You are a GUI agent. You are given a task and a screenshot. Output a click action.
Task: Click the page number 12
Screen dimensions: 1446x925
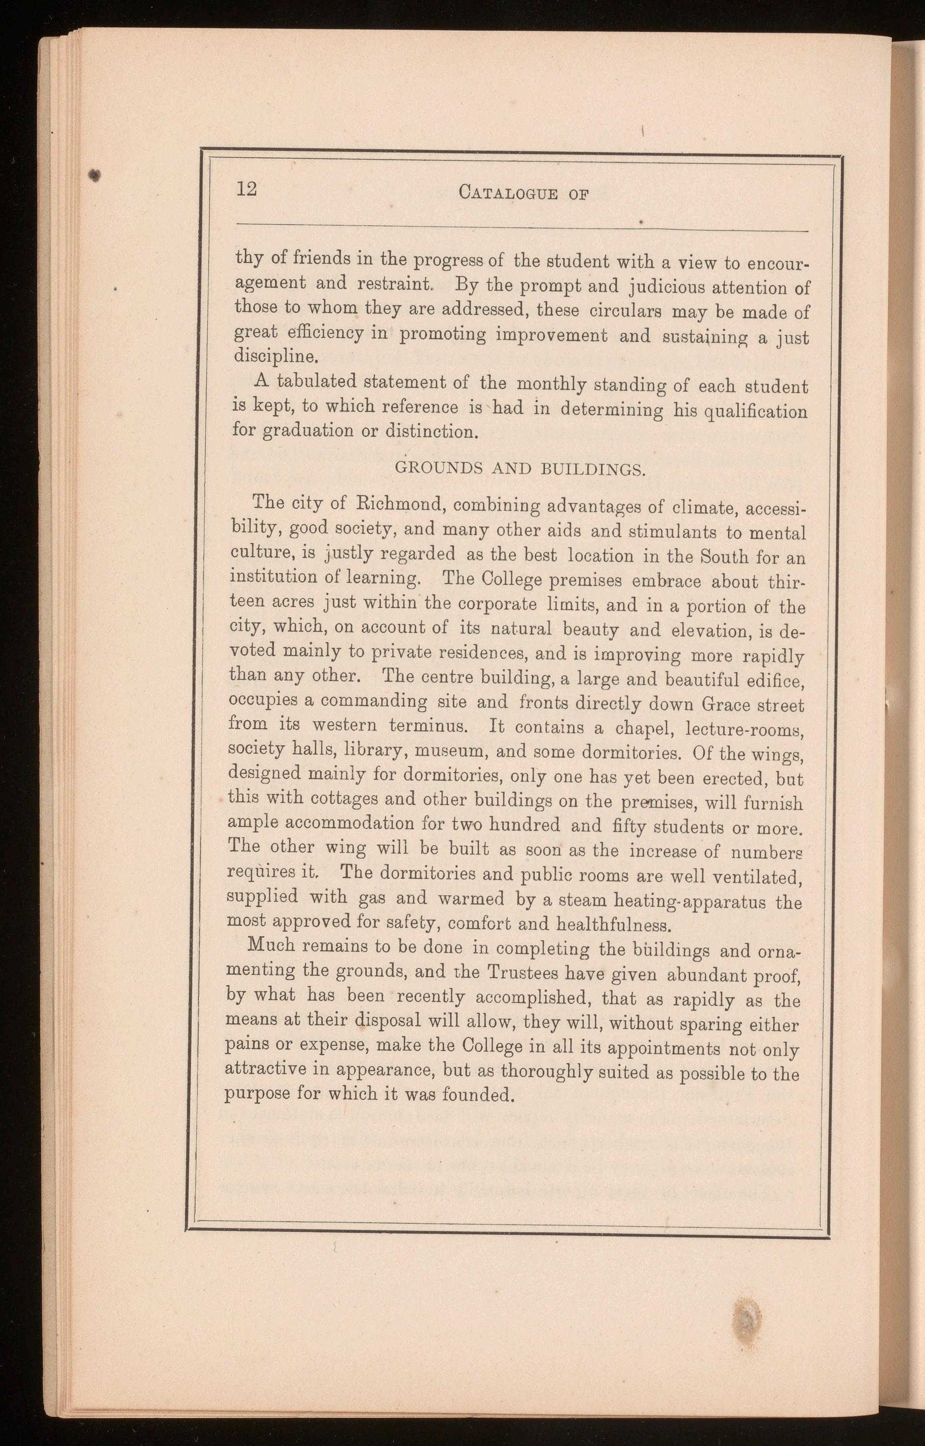tap(246, 189)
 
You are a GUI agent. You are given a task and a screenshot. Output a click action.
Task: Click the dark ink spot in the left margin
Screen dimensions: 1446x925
tap(94, 174)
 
